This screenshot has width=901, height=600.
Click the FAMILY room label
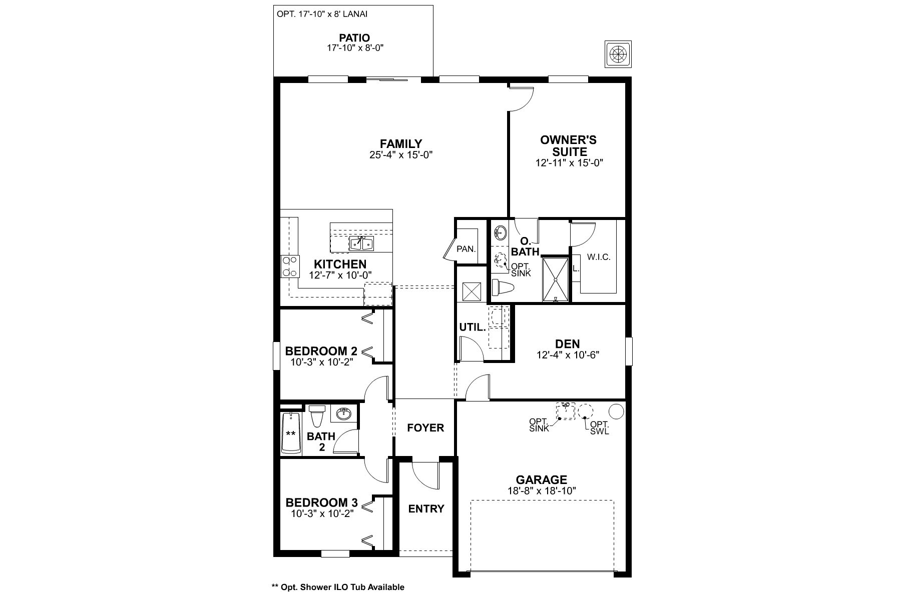pos(400,144)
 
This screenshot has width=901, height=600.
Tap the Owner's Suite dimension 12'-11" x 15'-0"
pos(569,163)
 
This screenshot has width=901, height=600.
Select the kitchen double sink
pos(361,243)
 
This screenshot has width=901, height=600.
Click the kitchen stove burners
pos(288,266)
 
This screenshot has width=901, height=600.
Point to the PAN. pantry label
pos(466,248)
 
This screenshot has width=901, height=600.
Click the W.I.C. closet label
pos(599,257)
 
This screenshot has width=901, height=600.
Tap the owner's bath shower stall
pos(556,279)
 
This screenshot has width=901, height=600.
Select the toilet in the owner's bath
pos(503,288)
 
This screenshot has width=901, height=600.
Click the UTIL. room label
pos(473,328)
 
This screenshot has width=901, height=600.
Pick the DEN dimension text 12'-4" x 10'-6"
pos(568,355)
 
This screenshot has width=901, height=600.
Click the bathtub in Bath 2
pos(291,433)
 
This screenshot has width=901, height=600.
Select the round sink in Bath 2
pos(343,413)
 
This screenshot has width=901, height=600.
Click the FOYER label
pos(425,428)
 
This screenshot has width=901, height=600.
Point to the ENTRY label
pos(426,509)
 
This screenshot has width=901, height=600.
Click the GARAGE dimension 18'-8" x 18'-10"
pos(542,491)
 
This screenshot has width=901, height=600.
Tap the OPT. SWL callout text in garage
pos(600,428)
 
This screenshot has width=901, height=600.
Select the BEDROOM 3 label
pos(321,502)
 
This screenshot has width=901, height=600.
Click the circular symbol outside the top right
pos(619,53)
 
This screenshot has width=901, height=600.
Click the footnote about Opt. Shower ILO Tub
pos(337,587)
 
